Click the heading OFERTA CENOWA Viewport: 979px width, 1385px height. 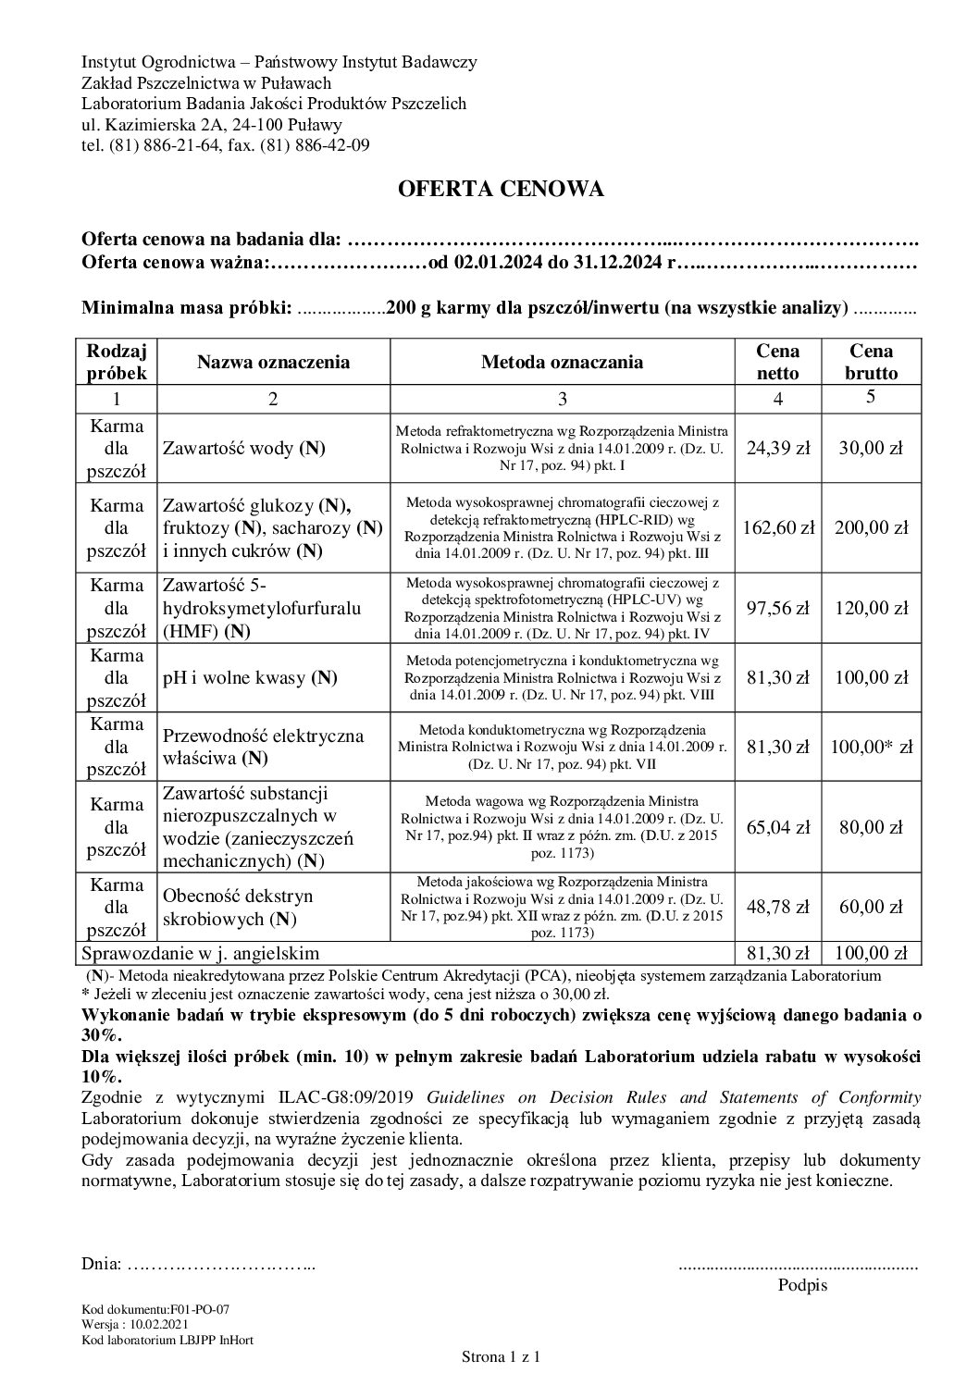pyautogui.click(x=501, y=190)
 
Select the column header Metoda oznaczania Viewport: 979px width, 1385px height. pyautogui.click(x=562, y=363)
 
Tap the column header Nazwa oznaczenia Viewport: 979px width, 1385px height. pyautogui.click(x=273, y=363)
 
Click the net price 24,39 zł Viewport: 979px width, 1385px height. pyautogui.click(x=778, y=448)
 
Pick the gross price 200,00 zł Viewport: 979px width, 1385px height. pyautogui.click(x=872, y=528)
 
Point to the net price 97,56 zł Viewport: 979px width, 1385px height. pyautogui.click(x=778, y=608)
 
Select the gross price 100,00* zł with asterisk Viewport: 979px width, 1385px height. pyautogui.click(x=872, y=747)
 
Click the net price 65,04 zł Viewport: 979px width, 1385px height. pyautogui.click(x=778, y=827)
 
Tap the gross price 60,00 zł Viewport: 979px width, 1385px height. pyautogui.click(x=872, y=907)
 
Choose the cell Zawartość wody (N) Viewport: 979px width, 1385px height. pyautogui.click(x=244, y=449)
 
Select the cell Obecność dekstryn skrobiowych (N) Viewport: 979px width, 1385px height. pyautogui.click(x=238, y=908)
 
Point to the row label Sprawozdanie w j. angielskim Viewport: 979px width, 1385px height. pyautogui.click(x=201, y=953)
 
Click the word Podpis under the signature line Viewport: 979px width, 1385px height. pyautogui.click(x=802, y=1285)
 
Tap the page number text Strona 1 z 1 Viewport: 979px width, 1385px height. pyautogui.click(x=501, y=1357)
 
